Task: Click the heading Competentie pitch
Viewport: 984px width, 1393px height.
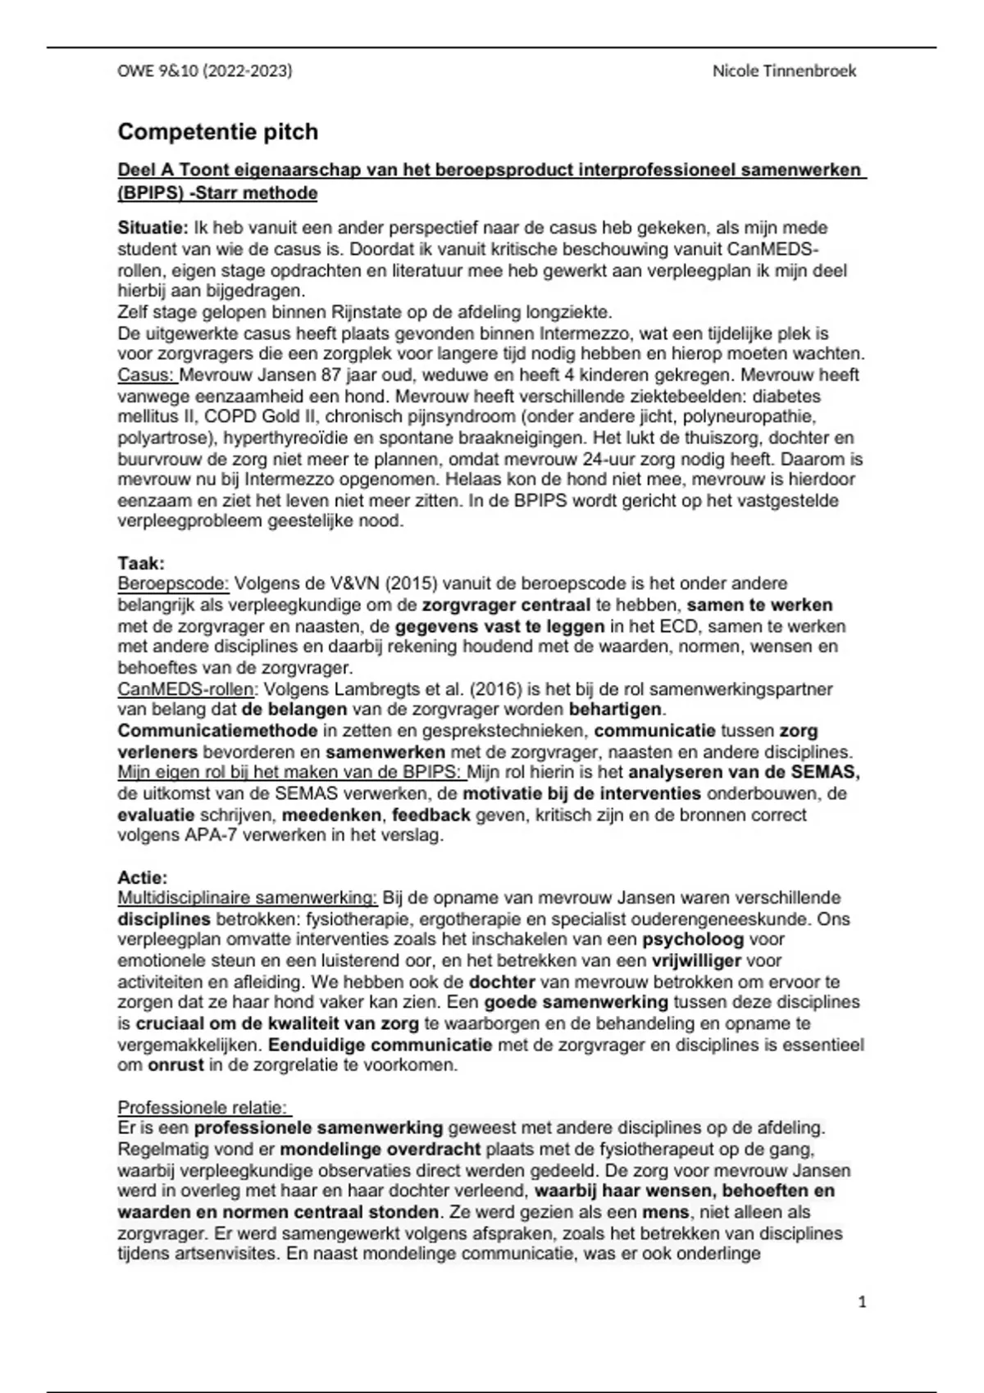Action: tap(217, 132)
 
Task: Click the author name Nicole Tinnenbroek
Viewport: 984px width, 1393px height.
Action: tap(784, 71)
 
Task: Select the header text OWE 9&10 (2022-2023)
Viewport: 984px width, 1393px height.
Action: tap(205, 71)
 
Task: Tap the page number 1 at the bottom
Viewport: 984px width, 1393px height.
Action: tap(862, 1301)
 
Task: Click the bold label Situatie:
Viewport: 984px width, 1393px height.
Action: tap(153, 228)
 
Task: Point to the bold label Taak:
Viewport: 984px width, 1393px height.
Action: tap(141, 563)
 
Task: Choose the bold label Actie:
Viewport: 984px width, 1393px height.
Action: tap(143, 878)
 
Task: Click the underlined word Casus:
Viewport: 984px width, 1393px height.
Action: tap(147, 375)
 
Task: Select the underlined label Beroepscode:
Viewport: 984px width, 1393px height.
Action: tap(174, 583)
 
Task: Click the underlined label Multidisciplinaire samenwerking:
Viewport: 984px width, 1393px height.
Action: tap(248, 898)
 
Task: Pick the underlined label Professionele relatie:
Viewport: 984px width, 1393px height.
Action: tap(203, 1108)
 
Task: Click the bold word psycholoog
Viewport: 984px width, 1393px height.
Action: tap(692, 940)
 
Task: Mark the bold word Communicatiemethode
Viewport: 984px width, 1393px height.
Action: tap(217, 730)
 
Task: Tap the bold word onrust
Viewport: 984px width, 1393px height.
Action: tap(174, 1065)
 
